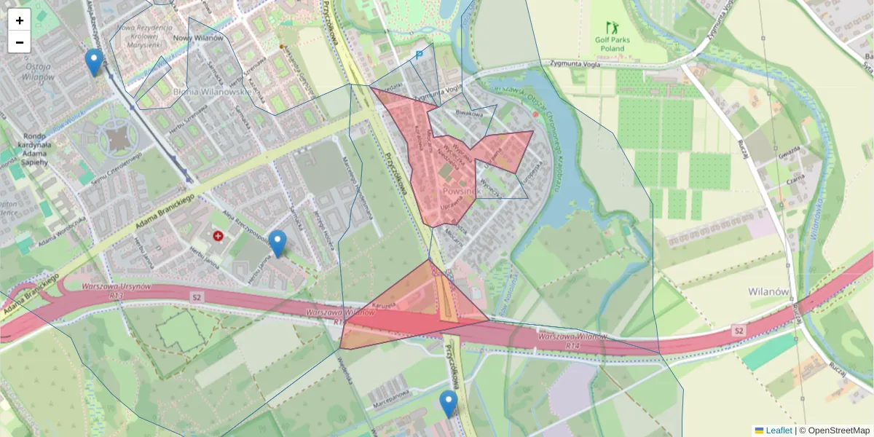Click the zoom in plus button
[x=20, y=20]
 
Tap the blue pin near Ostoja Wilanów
[x=93, y=61]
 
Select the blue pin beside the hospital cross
[x=277, y=243]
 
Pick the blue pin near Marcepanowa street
[x=449, y=403]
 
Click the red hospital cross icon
[x=218, y=235]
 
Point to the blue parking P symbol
[x=419, y=54]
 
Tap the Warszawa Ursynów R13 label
[x=117, y=291]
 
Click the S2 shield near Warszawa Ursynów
[x=196, y=297]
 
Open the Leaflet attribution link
[x=779, y=430]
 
